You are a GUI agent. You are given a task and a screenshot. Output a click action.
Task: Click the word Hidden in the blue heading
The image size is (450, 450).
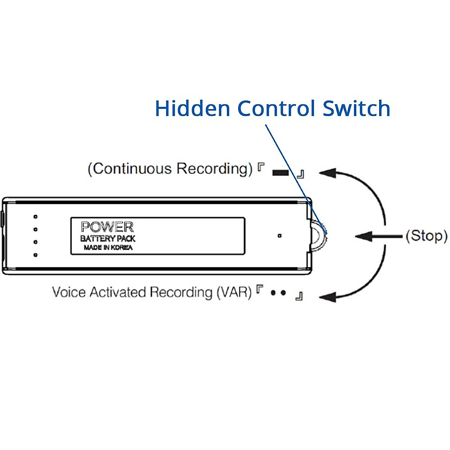tap(192, 108)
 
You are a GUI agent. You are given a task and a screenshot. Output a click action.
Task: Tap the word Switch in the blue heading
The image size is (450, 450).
tap(356, 108)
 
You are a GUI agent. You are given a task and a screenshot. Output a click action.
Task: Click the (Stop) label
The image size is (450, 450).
tap(426, 236)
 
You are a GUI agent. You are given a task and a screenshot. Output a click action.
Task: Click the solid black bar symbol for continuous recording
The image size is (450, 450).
tap(280, 173)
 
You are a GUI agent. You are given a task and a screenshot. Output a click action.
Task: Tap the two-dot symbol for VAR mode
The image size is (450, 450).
tap(278, 293)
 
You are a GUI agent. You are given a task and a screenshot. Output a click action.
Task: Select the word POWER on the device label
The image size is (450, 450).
tap(107, 227)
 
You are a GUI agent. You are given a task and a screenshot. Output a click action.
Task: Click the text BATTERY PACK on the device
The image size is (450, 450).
tap(108, 238)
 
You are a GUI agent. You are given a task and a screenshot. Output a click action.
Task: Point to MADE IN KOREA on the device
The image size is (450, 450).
tap(108, 247)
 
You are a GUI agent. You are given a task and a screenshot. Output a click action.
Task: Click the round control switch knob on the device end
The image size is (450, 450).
tap(318, 236)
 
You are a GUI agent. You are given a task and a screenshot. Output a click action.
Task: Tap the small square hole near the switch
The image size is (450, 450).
tap(279, 236)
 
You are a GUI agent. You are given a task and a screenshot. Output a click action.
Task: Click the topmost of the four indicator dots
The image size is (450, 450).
tap(35, 217)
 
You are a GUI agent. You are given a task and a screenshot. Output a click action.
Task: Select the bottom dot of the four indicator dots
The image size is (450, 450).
tap(35, 255)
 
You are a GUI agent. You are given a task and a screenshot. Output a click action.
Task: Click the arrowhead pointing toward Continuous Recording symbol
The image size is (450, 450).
tap(327, 173)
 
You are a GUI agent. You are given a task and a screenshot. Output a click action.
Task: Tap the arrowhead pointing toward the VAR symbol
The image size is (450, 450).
tap(327, 297)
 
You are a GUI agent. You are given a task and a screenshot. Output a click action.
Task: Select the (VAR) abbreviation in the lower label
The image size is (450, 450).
tap(234, 292)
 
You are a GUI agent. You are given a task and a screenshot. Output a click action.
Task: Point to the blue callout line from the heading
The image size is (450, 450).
tap(289, 169)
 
